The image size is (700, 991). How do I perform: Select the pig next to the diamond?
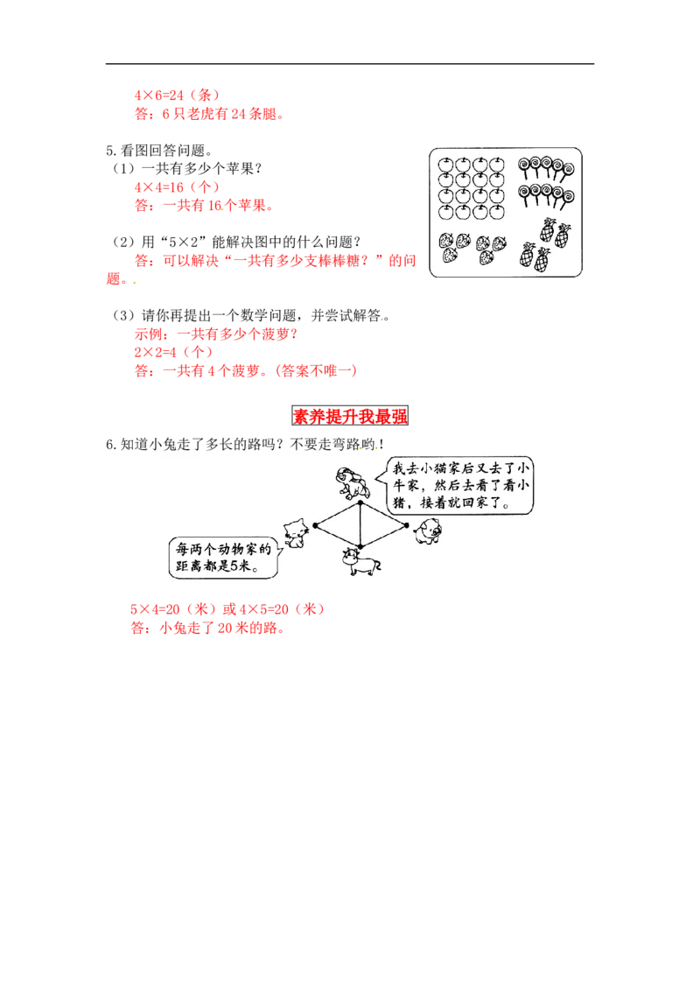click(429, 531)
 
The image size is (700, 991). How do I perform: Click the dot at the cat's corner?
click(314, 526)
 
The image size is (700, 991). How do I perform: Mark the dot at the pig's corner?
click(408, 525)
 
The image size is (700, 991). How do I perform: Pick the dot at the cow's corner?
click(360, 546)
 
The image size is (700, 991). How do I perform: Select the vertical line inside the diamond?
click(360, 525)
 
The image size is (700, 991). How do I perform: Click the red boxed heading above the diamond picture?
click(351, 418)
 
